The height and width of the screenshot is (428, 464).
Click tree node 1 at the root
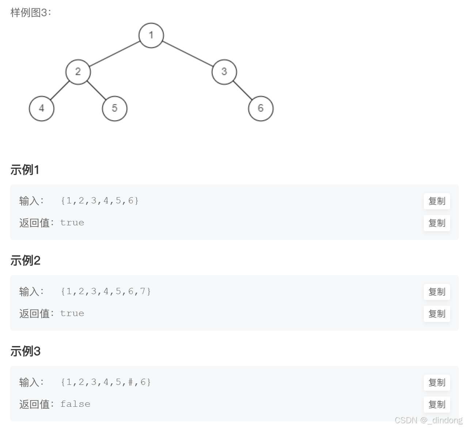151,35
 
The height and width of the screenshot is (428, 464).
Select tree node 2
78,72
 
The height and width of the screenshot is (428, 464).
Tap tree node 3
224,72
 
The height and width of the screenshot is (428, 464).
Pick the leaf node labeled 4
41,108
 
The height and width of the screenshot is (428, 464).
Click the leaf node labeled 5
114,108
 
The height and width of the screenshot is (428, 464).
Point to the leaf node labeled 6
260,108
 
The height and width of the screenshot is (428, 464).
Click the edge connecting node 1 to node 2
114,54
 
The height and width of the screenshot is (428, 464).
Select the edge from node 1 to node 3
187,54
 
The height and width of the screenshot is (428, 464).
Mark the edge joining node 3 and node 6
242,90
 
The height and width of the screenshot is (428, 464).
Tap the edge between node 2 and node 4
60,90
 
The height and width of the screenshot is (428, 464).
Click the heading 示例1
25,170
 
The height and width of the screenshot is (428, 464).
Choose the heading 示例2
25,261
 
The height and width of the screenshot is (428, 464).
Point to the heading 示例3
25,352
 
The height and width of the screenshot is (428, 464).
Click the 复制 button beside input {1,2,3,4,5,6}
437,201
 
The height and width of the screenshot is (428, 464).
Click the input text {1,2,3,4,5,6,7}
106,292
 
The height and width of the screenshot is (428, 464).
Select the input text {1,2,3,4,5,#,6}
106,382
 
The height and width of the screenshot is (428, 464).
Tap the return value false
75,404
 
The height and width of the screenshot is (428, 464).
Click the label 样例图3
31,12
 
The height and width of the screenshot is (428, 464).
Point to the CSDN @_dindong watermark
428,420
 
